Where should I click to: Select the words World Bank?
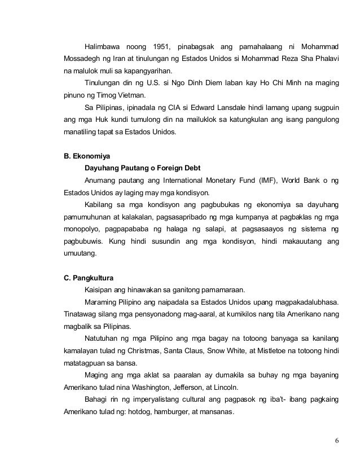(x=304, y=181)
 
